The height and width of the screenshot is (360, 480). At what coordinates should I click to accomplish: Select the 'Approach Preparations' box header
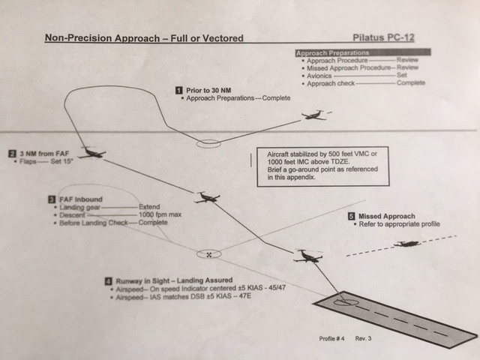point(332,54)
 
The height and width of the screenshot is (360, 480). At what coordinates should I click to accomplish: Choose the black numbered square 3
point(51,199)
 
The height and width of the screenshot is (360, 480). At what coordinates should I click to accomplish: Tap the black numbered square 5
point(352,217)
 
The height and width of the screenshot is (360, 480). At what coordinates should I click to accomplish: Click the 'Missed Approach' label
point(387,217)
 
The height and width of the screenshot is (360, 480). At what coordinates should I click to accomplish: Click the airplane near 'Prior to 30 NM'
point(316,115)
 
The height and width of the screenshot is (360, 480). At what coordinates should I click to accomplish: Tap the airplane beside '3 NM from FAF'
point(92,152)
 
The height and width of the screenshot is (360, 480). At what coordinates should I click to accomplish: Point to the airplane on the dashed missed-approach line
point(408,244)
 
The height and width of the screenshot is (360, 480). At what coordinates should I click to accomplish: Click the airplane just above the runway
point(307,256)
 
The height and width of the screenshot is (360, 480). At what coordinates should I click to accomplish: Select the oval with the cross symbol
point(209,254)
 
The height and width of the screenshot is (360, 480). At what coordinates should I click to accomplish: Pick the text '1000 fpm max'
point(160,215)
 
